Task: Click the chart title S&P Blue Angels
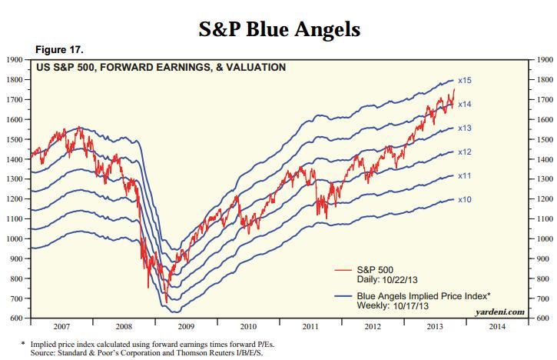(x=279, y=29)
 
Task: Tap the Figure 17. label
(x=59, y=50)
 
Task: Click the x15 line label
(x=464, y=80)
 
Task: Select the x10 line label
(x=464, y=200)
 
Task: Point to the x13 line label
(x=464, y=128)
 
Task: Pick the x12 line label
(x=464, y=152)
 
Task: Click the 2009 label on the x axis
(x=186, y=326)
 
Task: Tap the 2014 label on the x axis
(x=497, y=326)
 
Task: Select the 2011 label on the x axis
(x=310, y=326)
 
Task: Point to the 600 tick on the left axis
(x=15, y=318)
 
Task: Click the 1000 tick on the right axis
(x=544, y=239)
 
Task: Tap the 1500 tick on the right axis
(x=544, y=139)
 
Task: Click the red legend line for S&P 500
(x=343, y=270)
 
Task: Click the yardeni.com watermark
(x=500, y=312)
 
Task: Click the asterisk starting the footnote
(x=23, y=343)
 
